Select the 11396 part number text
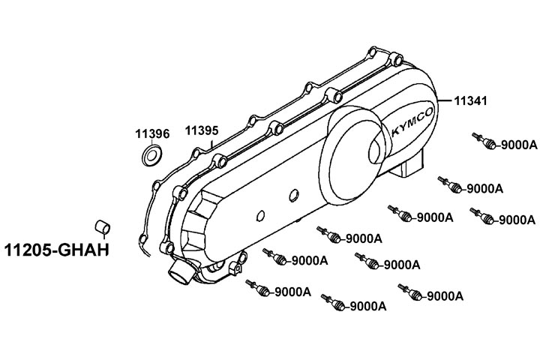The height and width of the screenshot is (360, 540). tap(152, 133)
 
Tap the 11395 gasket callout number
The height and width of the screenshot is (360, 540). tap(202, 130)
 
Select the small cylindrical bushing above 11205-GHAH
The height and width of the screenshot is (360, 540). tap(101, 226)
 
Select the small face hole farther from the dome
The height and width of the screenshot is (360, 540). tap(259, 216)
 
